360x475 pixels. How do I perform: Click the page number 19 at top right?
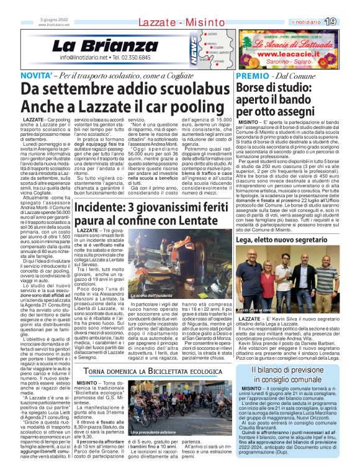click(348, 22)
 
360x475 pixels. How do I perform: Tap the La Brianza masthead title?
click(105, 45)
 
